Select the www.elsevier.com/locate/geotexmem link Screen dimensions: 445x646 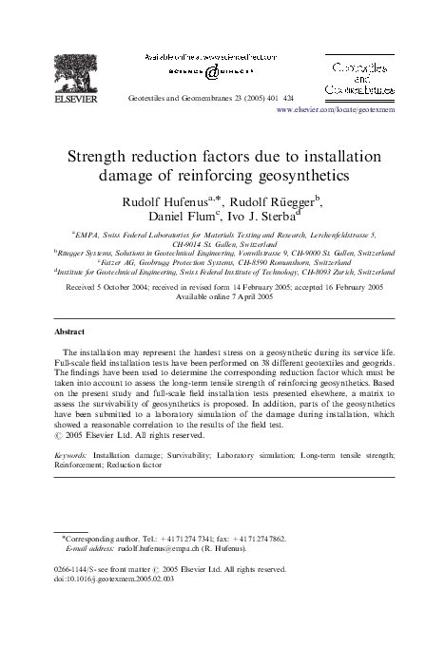(x=336, y=110)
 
